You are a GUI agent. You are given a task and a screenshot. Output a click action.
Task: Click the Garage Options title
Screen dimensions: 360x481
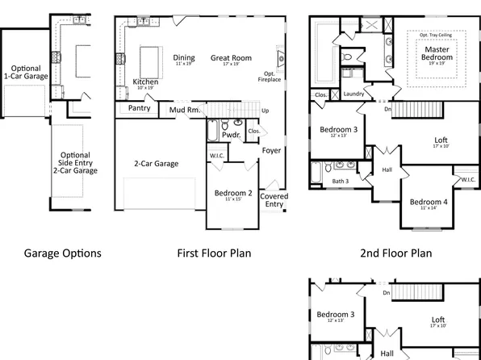click(x=62, y=253)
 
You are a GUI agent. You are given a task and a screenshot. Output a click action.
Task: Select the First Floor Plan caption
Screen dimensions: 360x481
click(x=214, y=253)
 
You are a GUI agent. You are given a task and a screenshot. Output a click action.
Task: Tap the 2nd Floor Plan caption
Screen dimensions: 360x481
click(x=395, y=253)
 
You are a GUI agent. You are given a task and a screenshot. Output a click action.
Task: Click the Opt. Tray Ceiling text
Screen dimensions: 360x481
click(x=435, y=36)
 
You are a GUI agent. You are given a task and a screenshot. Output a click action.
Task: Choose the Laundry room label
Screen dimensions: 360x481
click(x=353, y=94)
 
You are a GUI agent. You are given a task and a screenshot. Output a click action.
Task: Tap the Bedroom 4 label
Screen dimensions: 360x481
click(x=428, y=202)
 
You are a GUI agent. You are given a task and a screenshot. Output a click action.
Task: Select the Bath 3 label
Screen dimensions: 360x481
click(x=341, y=181)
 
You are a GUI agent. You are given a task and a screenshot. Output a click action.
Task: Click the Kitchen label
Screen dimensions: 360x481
click(x=145, y=82)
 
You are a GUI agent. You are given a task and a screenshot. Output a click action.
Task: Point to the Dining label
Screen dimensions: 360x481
click(x=184, y=58)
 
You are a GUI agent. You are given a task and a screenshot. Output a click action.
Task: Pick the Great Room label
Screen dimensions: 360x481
click(x=232, y=58)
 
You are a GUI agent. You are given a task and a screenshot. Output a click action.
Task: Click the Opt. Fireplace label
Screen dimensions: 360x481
click(x=269, y=77)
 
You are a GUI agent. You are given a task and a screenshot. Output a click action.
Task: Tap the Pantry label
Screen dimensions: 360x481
click(x=140, y=108)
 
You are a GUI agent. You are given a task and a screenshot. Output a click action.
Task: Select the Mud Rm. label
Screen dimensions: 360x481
click(x=184, y=109)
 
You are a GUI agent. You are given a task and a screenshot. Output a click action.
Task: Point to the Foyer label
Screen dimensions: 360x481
click(x=271, y=150)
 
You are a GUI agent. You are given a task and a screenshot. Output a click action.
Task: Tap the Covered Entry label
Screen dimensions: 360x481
click(x=274, y=200)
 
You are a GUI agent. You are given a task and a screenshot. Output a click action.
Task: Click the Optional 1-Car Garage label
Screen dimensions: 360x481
click(x=24, y=73)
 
